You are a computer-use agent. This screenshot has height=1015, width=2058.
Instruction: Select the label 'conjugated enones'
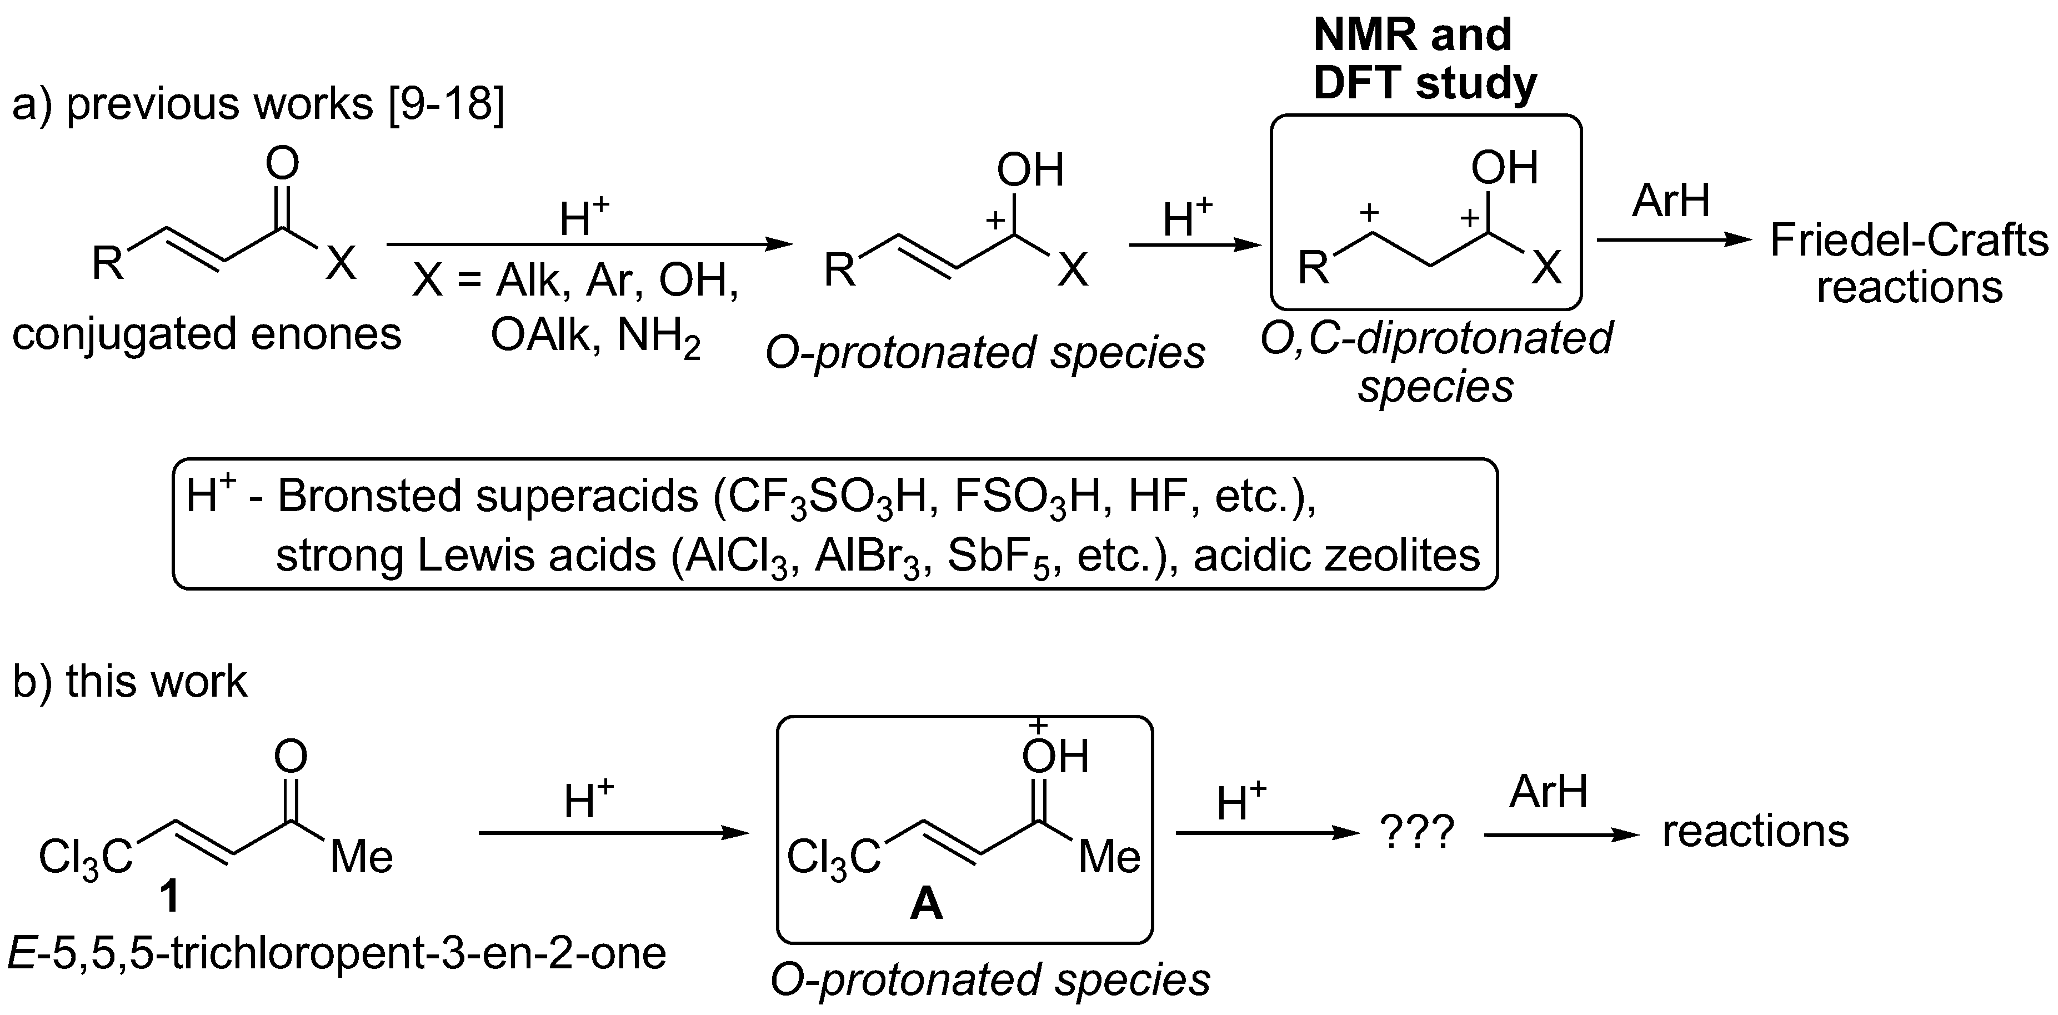(206, 334)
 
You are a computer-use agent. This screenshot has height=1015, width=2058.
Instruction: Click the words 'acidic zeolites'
(1336, 556)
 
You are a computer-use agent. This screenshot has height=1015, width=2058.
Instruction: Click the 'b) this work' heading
(129, 682)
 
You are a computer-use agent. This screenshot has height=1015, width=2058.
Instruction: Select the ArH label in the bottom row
(1548, 792)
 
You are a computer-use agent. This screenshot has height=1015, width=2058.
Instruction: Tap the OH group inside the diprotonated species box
(1504, 169)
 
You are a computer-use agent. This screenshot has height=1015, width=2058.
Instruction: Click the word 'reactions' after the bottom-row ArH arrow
(1755, 831)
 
